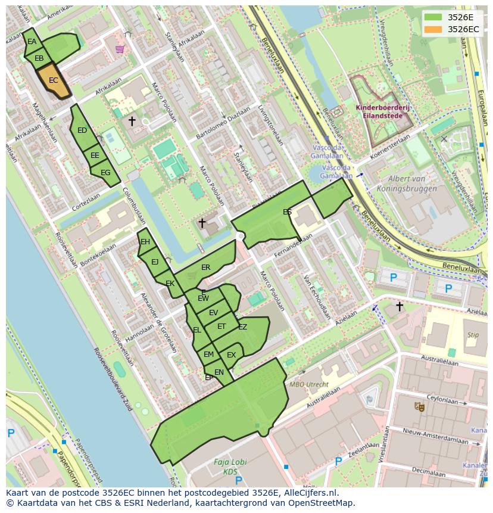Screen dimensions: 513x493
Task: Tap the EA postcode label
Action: click(32, 42)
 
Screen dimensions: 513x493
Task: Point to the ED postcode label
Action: click(82, 130)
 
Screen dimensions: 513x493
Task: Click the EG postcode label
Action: click(105, 173)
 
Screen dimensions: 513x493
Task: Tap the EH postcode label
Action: click(145, 242)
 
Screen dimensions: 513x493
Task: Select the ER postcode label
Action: click(206, 268)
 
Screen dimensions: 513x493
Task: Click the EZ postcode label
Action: click(242, 327)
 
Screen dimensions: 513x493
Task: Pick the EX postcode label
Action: click(232, 355)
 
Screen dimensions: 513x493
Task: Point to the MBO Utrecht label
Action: click(308, 384)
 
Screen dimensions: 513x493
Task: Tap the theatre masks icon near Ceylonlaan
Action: click(419, 406)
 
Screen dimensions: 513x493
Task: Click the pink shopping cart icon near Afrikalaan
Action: click(120, 49)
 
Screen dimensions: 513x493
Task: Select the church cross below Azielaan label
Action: click(399, 306)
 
